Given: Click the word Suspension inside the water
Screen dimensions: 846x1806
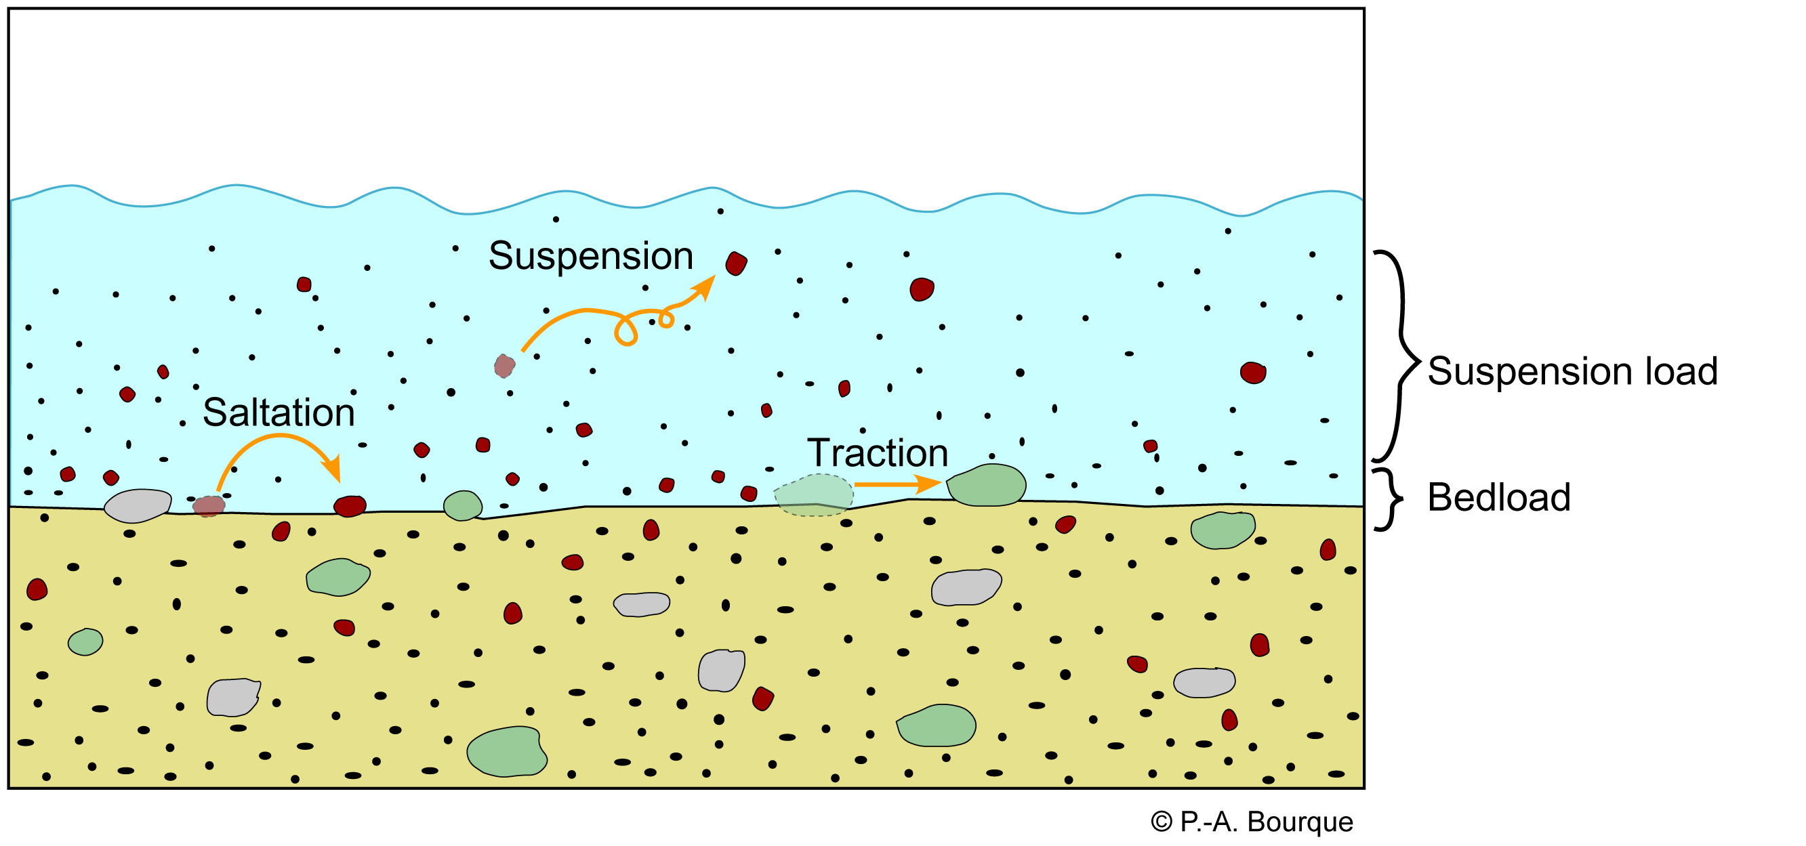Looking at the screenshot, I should click(590, 256).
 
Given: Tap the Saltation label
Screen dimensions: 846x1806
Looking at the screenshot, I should click(279, 413).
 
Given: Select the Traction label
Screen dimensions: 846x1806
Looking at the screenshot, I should click(877, 452).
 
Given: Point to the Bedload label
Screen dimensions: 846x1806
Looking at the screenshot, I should click(1498, 498).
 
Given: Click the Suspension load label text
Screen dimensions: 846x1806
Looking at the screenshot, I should click(1572, 371).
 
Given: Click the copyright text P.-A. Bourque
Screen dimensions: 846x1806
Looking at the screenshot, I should click(1252, 822).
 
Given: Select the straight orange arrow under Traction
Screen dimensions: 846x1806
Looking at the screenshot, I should click(897, 484).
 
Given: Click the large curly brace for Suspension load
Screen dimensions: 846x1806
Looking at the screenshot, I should click(1399, 356).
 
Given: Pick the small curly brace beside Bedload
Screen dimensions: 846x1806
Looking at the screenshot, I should click(1386, 499).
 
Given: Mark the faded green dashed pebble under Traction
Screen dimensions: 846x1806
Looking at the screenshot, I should click(813, 495).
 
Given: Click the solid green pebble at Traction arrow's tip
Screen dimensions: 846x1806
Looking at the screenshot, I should click(987, 486).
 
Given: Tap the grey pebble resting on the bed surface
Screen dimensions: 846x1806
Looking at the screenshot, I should click(138, 505).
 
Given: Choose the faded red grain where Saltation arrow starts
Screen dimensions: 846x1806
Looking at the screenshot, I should click(209, 505).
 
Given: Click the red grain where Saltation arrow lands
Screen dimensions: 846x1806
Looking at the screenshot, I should click(350, 505).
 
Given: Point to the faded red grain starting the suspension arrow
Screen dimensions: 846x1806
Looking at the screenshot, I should click(504, 365).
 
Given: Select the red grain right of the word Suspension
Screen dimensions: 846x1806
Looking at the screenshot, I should click(735, 263).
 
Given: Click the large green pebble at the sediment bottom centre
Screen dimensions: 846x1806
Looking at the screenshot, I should click(507, 752).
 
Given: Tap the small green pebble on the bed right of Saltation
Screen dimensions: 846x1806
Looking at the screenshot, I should click(463, 505).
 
